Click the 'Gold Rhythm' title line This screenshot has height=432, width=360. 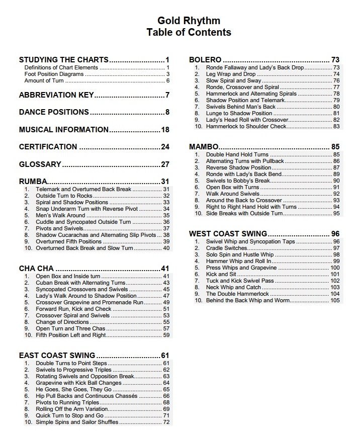189,21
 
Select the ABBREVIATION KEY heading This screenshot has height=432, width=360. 56,95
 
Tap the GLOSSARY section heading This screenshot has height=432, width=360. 40,164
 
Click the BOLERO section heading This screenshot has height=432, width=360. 205,60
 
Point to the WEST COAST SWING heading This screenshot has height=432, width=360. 228,234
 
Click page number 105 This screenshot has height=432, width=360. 335,300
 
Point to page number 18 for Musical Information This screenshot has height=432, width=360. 165,130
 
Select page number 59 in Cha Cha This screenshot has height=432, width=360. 166,335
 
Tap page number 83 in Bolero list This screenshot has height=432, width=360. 336,126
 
